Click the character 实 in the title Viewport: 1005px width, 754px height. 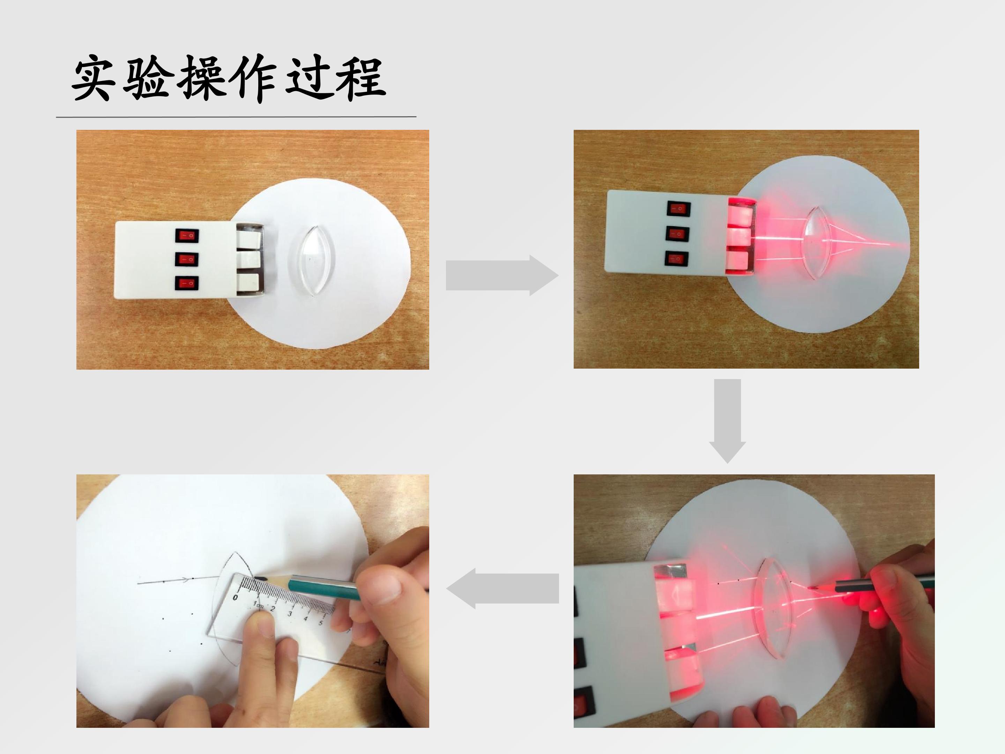(92, 78)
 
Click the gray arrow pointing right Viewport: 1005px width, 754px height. (502, 275)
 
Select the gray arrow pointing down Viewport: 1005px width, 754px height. (727, 421)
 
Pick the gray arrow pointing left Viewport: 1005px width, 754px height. (502, 589)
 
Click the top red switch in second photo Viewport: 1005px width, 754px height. (678, 209)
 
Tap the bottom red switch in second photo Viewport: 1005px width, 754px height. (676, 259)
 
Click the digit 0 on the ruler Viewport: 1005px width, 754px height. (235, 597)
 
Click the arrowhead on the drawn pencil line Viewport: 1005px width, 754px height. (185, 579)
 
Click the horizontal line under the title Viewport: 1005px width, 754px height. (236, 117)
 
